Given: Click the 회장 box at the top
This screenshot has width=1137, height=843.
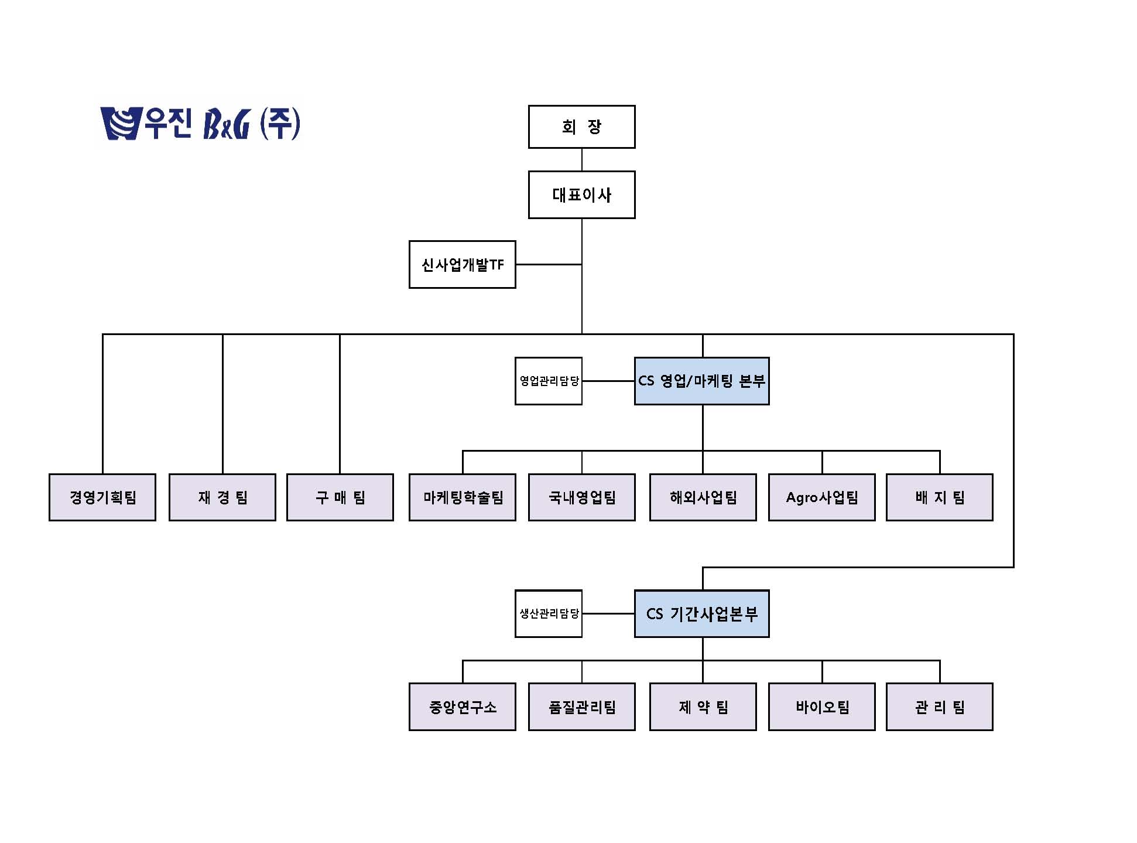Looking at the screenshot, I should click(581, 127).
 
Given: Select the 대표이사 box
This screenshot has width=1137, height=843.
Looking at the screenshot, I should click(581, 194).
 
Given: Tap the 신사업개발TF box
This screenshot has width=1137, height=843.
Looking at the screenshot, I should click(462, 264).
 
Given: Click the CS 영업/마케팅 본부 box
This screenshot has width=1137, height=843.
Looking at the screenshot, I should click(701, 381).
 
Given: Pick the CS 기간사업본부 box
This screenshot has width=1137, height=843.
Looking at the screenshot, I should click(701, 613).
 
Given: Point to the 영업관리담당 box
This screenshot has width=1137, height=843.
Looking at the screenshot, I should click(549, 381).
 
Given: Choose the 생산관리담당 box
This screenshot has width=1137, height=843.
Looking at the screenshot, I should click(549, 613).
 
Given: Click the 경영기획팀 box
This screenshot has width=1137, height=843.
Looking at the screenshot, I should click(102, 497).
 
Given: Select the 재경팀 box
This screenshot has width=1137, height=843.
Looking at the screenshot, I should click(222, 497).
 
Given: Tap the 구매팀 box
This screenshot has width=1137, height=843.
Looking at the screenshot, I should click(340, 497).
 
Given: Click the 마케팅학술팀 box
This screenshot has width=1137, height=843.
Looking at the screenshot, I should click(463, 497).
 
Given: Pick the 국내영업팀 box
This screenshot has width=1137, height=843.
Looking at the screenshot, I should click(581, 497).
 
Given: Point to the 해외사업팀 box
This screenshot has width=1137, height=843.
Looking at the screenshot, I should click(703, 497).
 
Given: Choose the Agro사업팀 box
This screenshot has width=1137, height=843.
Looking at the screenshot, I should click(822, 497).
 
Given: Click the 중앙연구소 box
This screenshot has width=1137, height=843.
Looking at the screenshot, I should click(463, 707).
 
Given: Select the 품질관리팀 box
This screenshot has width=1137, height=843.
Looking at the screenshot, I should click(581, 707).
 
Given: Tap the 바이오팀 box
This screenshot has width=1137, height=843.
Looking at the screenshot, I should click(822, 707).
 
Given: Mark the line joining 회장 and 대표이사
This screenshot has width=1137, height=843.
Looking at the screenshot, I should click(581, 159).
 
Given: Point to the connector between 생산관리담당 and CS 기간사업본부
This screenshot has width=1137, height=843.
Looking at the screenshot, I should click(608, 613).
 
